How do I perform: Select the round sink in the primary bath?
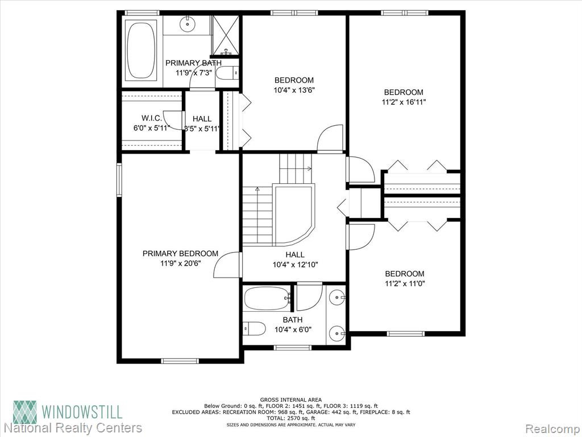tap(188, 24)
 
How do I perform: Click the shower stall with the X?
tap(225, 35)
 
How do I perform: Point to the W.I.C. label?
tap(151, 118)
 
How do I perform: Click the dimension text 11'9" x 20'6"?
tap(180, 263)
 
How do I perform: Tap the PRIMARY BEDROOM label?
tap(180, 253)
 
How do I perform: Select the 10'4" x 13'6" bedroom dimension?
tap(294, 89)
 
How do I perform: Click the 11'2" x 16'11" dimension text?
tap(404, 102)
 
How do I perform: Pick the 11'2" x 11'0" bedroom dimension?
tap(405, 283)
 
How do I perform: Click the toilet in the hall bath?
tap(255, 328)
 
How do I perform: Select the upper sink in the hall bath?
tap(337, 297)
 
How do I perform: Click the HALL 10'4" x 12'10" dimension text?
tap(295, 265)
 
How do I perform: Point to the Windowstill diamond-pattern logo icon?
tap(25, 412)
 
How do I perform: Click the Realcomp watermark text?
tap(552, 428)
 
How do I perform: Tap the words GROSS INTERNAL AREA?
tap(290, 400)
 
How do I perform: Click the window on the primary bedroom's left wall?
tap(119, 179)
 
